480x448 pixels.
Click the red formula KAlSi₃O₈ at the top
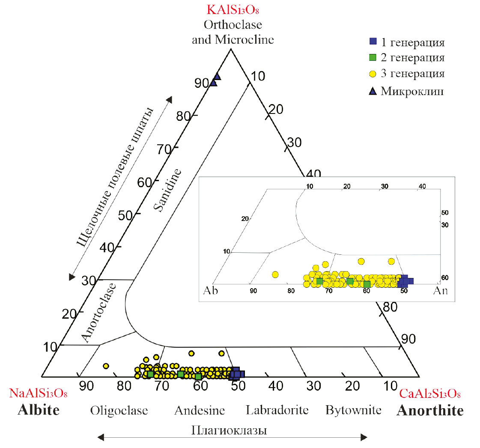pyautogui.click(x=232, y=9)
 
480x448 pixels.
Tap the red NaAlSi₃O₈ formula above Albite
pyautogui.click(x=39, y=393)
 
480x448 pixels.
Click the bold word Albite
pyautogui.click(x=39, y=410)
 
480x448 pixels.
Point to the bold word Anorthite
pyautogui.click(x=429, y=411)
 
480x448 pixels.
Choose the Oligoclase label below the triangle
pyautogui.click(x=119, y=410)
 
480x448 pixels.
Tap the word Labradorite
pyautogui.click(x=277, y=410)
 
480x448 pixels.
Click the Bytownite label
pyautogui.click(x=353, y=410)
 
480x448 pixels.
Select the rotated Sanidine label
pyautogui.click(x=167, y=190)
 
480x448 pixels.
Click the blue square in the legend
pyautogui.click(x=373, y=42)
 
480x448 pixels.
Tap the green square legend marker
pyautogui.click(x=373, y=57)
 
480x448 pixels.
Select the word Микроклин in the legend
pyautogui.click(x=412, y=91)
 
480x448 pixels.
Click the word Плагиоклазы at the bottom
pyautogui.click(x=230, y=430)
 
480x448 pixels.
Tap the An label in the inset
pyautogui.click(x=440, y=290)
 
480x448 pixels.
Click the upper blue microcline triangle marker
pyautogui.click(x=217, y=76)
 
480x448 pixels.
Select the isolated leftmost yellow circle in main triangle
pyautogui.click(x=106, y=366)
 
